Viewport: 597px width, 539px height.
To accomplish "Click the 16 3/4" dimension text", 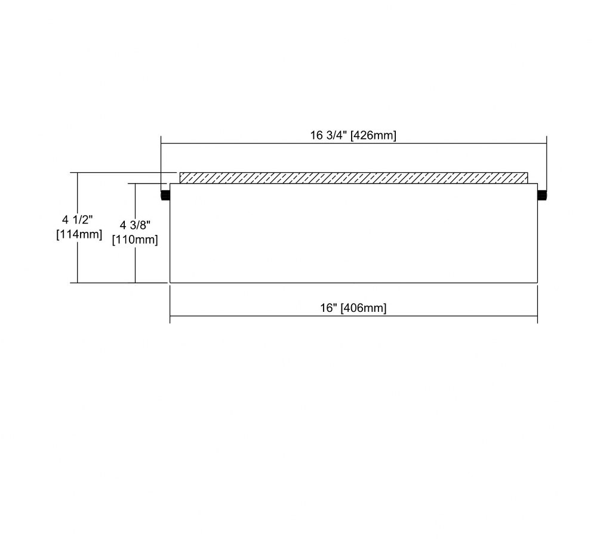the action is (328, 135).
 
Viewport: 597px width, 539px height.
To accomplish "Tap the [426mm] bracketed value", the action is (373, 135).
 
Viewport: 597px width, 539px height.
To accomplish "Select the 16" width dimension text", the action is (329, 308).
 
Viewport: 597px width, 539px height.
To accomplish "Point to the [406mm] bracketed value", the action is (363, 308).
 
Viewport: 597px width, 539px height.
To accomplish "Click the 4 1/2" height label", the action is (78, 220).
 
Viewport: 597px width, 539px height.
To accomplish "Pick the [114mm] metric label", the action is (79, 234).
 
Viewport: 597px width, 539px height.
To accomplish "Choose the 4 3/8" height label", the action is (135, 225).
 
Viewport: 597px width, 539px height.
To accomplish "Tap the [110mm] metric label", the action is (135, 240).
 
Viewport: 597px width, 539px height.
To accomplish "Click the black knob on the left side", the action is (165, 196).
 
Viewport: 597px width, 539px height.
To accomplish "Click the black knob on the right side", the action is (542, 196).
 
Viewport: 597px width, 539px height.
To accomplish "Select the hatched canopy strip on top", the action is (353, 178).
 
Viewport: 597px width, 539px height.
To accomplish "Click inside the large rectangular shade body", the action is (353, 233).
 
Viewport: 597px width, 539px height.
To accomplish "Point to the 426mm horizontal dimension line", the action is (353, 144).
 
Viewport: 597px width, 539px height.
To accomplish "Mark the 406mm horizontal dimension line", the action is (353, 316).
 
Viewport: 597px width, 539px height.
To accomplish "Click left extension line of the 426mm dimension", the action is (161, 163).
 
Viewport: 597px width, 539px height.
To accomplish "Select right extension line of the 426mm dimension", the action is (546, 163).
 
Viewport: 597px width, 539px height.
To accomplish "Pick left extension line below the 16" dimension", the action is (170, 304).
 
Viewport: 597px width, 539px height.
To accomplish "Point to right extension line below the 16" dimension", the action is (538, 304).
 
